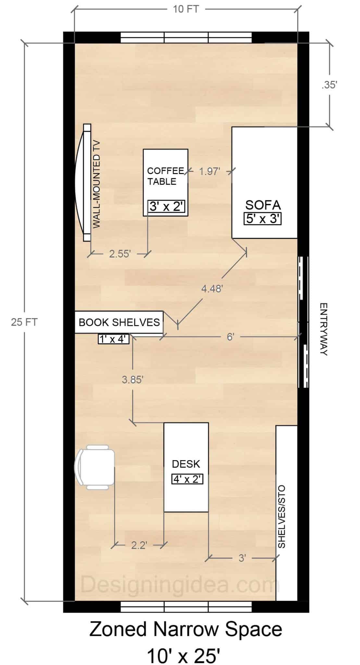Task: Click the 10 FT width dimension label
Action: pyautogui.click(x=186, y=9)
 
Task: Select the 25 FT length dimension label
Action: pyautogui.click(x=24, y=322)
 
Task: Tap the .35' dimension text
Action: pyautogui.click(x=329, y=85)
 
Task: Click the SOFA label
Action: pyautogui.click(x=263, y=205)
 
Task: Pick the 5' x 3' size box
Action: pyautogui.click(x=262, y=219)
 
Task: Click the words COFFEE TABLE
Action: pyautogui.click(x=166, y=176)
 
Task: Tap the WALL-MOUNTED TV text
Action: pyautogui.click(x=97, y=185)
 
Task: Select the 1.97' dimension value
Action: pyautogui.click(x=210, y=171)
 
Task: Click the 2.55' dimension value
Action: pyautogui.click(x=120, y=254)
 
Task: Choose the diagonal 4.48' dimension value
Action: pyautogui.click(x=212, y=288)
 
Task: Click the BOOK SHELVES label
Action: pyautogui.click(x=119, y=322)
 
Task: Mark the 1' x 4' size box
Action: pyautogui.click(x=114, y=339)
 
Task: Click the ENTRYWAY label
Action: pyautogui.click(x=323, y=329)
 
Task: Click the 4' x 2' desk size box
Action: pyautogui.click(x=187, y=479)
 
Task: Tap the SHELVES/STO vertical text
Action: pyautogui.click(x=281, y=517)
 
